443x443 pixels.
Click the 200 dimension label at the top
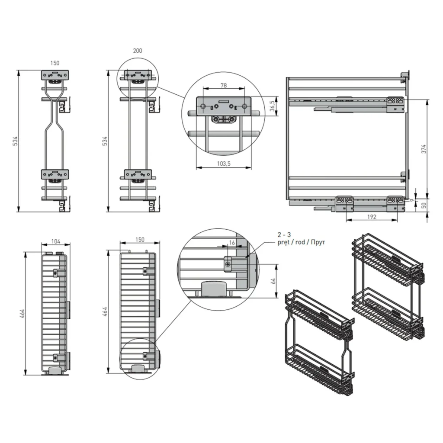click(x=137, y=51)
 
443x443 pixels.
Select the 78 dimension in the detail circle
click(x=224, y=85)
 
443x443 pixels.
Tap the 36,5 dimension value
click(x=273, y=106)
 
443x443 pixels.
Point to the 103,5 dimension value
click(x=224, y=164)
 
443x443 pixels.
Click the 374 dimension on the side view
click(x=424, y=149)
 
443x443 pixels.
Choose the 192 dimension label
click(x=372, y=217)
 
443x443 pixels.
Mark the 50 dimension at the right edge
click(x=424, y=205)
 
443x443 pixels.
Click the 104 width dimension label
click(x=56, y=241)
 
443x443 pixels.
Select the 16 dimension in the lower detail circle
click(x=232, y=243)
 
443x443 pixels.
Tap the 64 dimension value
click(x=273, y=281)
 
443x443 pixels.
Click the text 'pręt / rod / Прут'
click(x=301, y=242)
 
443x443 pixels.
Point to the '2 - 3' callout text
click(x=284, y=234)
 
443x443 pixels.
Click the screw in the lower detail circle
click(x=228, y=264)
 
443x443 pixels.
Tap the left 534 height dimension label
click(x=16, y=141)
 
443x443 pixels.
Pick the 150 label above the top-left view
click(x=55, y=63)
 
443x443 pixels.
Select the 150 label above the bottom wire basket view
click(x=140, y=240)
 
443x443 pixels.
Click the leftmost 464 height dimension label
click(x=22, y=313)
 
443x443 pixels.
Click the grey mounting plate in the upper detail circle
click(x=224, y=106)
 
